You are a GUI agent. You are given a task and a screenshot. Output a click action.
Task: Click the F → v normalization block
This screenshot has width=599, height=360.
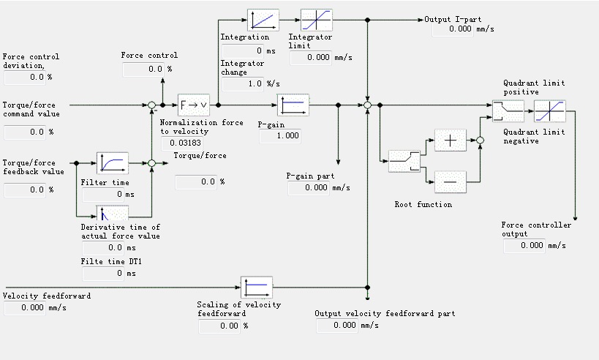coord(193,105)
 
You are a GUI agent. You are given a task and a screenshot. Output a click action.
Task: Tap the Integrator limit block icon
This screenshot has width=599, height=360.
coord(317,20)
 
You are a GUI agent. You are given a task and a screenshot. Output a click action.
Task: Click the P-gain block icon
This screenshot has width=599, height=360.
coord(293,105)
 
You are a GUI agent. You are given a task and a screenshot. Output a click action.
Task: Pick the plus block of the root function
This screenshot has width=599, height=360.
coord(451,140)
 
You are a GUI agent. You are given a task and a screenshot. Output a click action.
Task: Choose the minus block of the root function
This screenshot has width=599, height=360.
coord(451,179)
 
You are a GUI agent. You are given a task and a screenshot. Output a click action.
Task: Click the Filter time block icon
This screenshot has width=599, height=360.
coord(113,162)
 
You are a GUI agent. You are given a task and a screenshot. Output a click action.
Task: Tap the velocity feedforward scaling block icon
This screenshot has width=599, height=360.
coord(257,287)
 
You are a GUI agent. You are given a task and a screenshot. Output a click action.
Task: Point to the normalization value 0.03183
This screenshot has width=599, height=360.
coord(186,142)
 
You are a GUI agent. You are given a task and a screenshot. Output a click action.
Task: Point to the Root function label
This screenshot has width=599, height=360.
coord(423,205)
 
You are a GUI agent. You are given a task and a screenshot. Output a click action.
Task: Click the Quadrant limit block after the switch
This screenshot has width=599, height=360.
coord(549,111)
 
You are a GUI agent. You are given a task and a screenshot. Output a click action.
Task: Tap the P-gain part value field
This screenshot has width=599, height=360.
coord(309,188)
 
